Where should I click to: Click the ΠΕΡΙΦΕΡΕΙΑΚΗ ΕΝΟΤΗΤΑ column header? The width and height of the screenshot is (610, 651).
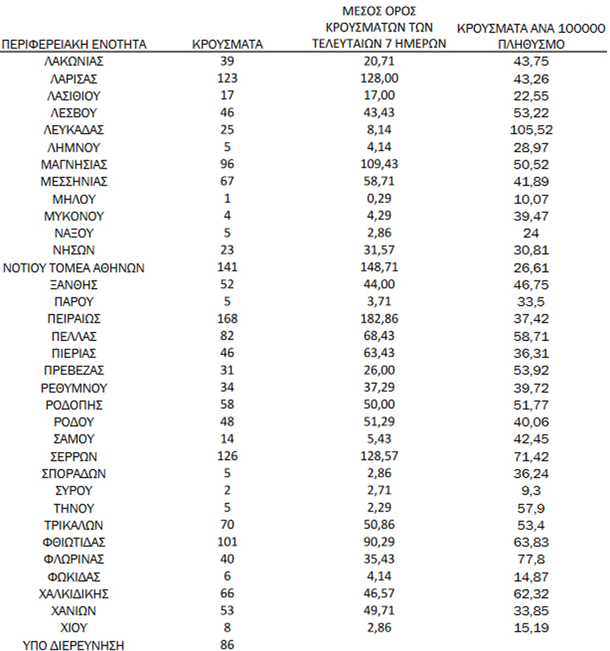pyautogui.click(x=74, y=45)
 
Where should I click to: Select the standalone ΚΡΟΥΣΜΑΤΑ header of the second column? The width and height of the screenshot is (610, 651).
pyautogui.click(x=227, y=45)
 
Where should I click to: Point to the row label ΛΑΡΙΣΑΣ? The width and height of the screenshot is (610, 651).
pyautogui.click(x=74, y=79)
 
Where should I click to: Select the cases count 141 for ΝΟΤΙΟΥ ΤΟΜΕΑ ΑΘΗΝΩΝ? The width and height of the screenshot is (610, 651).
pyautogui.click(x=228, y=267)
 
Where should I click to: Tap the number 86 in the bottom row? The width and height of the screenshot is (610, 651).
pyautogui.click(x=228, y=644)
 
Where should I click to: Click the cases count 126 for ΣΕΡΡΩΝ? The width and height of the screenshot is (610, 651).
pyautogui.click(x=228, y=456)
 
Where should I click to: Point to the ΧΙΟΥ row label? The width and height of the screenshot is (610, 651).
pyautogui.click(x=74, y=628)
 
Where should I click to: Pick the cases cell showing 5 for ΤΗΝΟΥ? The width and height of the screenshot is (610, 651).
pyautogui.click(x=228, y=508)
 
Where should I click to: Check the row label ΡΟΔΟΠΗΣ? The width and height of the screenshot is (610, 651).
pyautogui.click(x=74, y=405)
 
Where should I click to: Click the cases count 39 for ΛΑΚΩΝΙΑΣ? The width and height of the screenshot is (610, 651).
pyautogui.click(x=228, y=62)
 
